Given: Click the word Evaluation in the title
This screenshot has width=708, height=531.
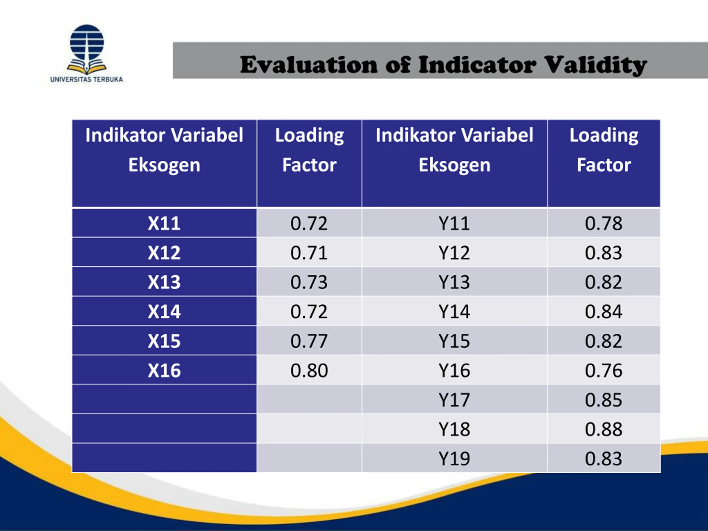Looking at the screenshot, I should pos(309,65).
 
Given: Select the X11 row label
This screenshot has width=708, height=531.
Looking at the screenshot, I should pos(164,223).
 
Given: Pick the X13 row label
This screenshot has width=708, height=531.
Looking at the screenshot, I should pos(164,282).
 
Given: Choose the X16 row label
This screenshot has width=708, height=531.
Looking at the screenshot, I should pos(164,370).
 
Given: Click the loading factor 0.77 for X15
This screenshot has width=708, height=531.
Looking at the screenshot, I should pos(309,341).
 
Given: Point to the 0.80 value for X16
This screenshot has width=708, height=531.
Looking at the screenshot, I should pos(309,370).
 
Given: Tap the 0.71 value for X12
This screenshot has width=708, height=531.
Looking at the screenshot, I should pos(309,253).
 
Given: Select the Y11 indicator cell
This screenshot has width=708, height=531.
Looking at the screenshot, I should pos(454,223).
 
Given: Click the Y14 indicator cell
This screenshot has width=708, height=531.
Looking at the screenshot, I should pos(454,311).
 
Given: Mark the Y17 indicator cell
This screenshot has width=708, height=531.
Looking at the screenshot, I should pos(454,400).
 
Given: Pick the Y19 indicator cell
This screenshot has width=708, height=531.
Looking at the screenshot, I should pos(454,458).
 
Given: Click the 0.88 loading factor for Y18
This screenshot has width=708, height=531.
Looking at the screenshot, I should pos(603,429).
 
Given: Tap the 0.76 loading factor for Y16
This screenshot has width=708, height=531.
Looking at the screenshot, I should pos(603,370).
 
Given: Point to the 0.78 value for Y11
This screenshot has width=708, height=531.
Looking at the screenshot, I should pos(603,223).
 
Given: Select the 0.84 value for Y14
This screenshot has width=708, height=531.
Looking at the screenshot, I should pos(603,311).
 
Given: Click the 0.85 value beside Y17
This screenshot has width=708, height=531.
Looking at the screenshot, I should pos(603,400).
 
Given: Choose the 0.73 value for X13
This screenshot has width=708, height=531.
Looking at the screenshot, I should pos(309,282).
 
